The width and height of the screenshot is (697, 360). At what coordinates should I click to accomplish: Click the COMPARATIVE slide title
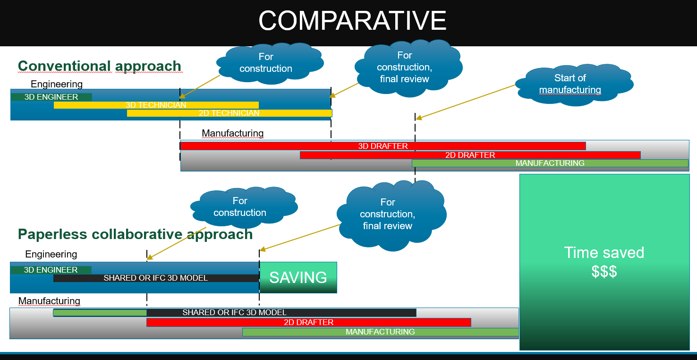[x=352, y=21]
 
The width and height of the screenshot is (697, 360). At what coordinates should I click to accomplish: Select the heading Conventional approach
[x=100, y=66]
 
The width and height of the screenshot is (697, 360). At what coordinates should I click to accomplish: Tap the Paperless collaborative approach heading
[x=135, y=234]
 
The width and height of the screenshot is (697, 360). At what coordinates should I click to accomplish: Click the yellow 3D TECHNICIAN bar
[x=156, y=105]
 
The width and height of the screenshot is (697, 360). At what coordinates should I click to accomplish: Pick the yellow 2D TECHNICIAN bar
[x=229, y=113]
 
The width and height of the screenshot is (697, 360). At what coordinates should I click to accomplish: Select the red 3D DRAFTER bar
[x=383, y=146]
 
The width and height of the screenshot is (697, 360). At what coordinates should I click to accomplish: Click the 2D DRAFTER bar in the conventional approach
[x=470, y=155]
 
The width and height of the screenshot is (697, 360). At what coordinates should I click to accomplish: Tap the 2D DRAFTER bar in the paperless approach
[x=309, y=322]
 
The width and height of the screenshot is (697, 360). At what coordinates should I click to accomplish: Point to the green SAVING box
[x=298, y=277]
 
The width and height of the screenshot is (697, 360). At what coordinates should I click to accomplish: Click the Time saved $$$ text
[x=604, y=262]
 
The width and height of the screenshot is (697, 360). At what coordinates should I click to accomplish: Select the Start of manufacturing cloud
[x=574, y=85]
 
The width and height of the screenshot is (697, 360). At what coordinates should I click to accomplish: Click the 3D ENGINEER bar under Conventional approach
[x=51, y=97]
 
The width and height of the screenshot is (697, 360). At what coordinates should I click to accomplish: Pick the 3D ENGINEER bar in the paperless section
[x=51, y=270]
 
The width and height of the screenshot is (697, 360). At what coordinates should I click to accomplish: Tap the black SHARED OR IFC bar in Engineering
[x=156, y=278]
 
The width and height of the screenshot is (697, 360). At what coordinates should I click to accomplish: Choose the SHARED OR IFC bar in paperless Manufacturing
[x=235, y=313]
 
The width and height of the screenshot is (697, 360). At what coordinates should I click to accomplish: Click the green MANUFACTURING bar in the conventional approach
[x=550, y=163]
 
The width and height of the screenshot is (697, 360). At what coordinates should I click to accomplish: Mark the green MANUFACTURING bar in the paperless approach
[x=381, y=332]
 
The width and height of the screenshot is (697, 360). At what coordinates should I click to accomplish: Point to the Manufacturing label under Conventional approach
[x=233, y=133]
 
